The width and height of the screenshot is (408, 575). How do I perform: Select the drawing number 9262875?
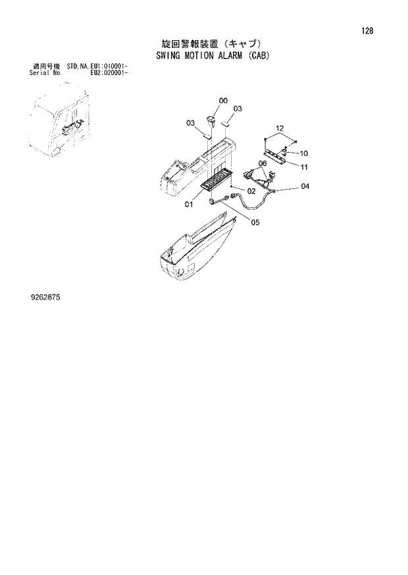point(41,298)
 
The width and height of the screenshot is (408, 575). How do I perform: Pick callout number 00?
point(223,101)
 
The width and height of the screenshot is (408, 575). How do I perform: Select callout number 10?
point(304,154)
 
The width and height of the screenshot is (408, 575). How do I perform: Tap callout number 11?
point(304,167)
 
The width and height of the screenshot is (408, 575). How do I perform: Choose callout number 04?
point(305,186)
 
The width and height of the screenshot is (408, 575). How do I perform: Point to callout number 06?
point(262,163)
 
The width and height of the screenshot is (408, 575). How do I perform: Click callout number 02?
point(251,192)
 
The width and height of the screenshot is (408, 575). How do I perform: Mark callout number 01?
point(188,204)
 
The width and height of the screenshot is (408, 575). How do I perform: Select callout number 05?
point(255,222)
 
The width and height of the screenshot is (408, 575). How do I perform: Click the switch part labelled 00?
point(212,121)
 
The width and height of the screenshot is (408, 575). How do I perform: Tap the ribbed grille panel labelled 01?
point(215,178)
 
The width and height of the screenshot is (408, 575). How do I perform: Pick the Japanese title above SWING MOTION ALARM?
point(203,42)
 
